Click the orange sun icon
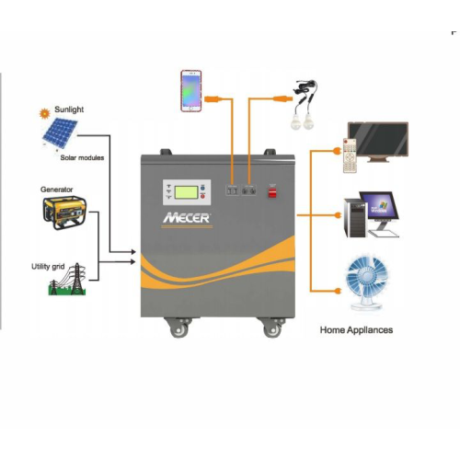(42, 114)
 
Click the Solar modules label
(83, 158)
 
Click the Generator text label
(57, 189)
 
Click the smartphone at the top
(190, 90)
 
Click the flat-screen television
(376, 141)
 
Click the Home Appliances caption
(356, 329)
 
